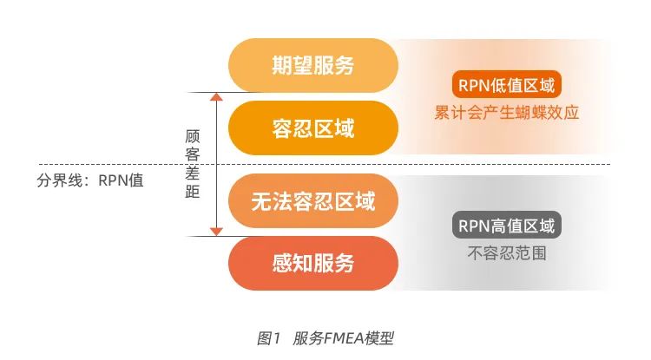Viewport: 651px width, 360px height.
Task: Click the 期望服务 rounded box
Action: click(x=312, y=65)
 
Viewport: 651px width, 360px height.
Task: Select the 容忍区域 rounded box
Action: click(x=312, y=128)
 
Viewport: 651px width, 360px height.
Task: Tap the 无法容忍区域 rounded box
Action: click(x=312, y=202)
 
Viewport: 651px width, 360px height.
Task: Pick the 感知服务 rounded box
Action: click(x=312, y=263)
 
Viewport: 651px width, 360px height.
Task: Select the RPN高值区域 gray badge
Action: click(x=507, y=227)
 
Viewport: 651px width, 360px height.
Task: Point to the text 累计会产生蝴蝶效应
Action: click(x=507, y=113)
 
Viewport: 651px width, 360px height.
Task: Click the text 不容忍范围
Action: click(x=507, y=254)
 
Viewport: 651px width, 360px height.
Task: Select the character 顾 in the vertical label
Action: click(x=193, y=136)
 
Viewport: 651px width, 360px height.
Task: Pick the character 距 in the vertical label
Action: click(x=193, y=192)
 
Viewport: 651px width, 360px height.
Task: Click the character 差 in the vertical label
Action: click(x=193, y=173)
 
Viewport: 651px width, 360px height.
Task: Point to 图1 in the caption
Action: click(x=269, y=337)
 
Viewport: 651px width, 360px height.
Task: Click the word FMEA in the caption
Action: click(x=345, y=337)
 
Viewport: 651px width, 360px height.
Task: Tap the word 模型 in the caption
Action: click(x=380, y=337)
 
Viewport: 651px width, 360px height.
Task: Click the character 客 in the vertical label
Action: click(x=193, y=154)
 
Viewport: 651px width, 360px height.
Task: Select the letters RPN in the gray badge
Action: click(x=476, y=227)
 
